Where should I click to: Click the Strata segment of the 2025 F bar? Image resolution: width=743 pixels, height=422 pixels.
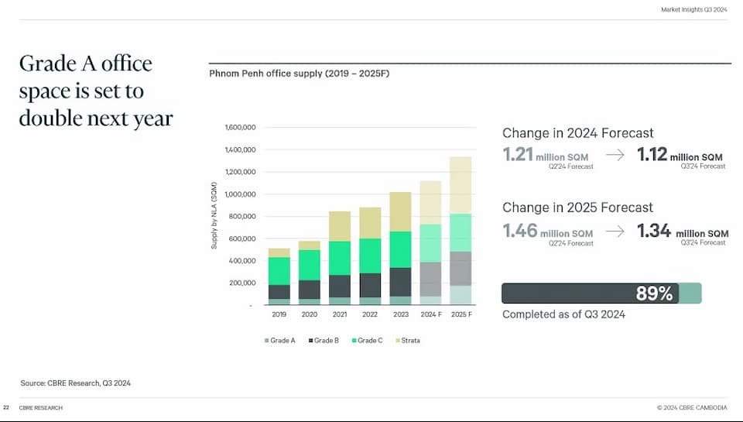461,185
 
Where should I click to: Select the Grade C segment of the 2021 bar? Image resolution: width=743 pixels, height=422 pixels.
340,258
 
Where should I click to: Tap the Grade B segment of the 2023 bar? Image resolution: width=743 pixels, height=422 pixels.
400,282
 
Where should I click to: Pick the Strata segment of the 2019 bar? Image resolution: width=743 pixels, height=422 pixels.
279,252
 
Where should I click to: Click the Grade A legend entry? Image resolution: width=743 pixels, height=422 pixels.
279,341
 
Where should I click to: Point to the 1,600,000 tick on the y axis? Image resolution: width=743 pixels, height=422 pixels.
239,128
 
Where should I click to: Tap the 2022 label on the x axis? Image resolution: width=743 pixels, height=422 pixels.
370,315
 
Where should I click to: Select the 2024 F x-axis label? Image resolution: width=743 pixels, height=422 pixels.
430,315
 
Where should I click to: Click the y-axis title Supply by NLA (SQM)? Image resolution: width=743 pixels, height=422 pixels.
214,215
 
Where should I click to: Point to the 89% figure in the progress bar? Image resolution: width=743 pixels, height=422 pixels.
654,293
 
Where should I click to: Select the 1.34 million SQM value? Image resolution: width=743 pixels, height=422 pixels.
682,231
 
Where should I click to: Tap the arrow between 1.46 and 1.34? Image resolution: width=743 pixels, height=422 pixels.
615,231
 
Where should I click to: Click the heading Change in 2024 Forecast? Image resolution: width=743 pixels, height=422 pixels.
577,133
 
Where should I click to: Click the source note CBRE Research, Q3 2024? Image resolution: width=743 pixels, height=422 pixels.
81,383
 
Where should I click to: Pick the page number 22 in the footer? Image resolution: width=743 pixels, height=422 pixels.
6,407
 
